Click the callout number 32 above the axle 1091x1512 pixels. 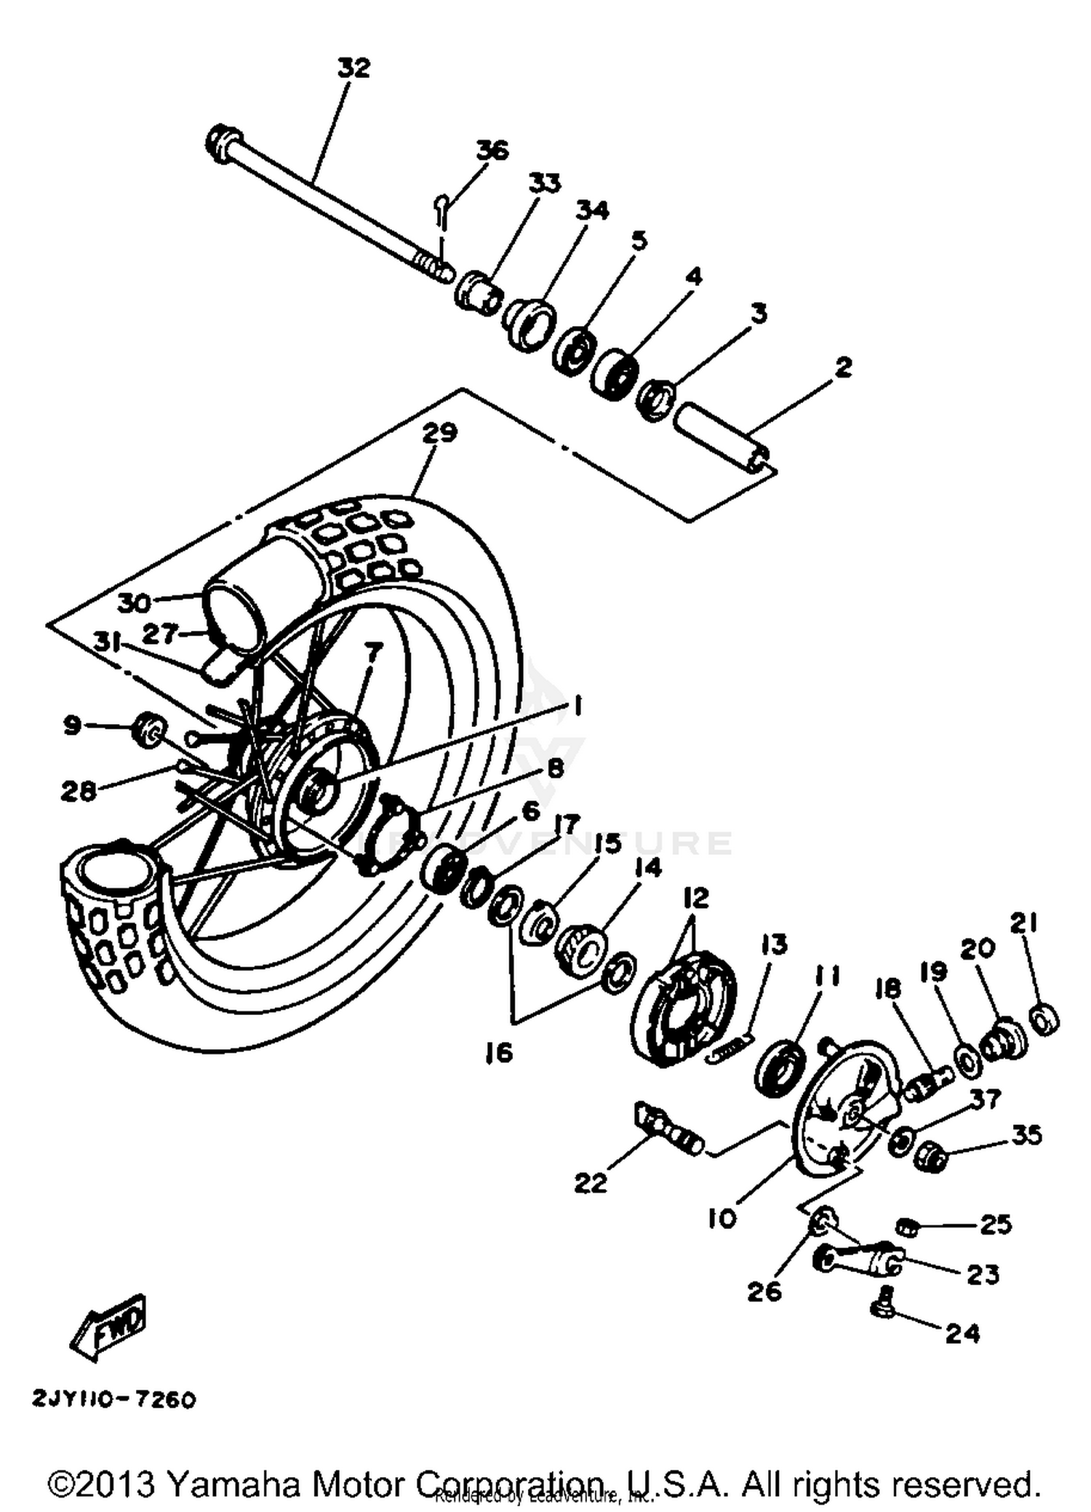pyautogui.click(x=354, y=68)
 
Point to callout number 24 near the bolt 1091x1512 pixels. pyautogui.click(x=962, y=1333)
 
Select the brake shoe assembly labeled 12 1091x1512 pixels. pyautogui.click(x=684, y=1008)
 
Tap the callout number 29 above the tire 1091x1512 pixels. pyautogui.click(x=440, y=432)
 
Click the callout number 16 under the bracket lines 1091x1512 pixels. pyautogui.click(x=500, y=1052)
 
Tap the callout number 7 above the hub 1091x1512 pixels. pyautogui.click(x=372, y=653)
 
